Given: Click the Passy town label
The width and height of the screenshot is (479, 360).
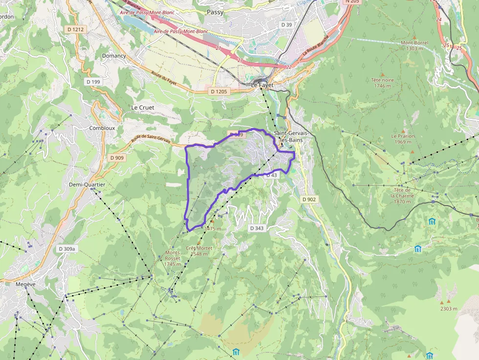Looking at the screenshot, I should click(215, 12).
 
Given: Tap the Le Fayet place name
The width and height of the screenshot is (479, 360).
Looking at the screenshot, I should click(261, 85).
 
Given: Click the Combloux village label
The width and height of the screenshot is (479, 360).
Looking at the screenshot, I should click(102, 128).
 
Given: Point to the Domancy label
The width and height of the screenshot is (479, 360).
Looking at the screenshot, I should click(114, 56).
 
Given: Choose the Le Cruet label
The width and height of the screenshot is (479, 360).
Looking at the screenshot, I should click(143, 107).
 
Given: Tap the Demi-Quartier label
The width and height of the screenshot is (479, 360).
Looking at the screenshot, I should click(87, 185).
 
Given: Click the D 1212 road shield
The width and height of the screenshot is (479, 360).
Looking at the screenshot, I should click(76, 29).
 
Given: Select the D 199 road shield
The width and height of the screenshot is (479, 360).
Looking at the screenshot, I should click(92, 82).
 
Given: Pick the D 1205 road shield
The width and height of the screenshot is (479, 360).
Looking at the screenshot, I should click(219, 91).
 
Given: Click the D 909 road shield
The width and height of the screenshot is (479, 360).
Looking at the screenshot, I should click(117, 158).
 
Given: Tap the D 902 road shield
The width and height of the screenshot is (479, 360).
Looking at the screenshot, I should click(309, 199).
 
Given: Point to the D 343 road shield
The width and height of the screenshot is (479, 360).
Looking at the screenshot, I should click(257, 228).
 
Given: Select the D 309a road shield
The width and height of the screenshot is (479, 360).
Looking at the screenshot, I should click(67, 249).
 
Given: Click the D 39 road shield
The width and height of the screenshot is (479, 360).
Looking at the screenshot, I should click(286, 24).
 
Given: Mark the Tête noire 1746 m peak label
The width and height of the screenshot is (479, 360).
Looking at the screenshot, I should click(382, 83).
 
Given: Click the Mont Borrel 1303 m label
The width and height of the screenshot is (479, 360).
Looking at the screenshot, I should click(414, 45).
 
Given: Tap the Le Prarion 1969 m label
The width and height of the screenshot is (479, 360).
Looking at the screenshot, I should click(403, 139).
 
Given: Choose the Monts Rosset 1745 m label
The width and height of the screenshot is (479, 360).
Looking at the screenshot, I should click(173, 258).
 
